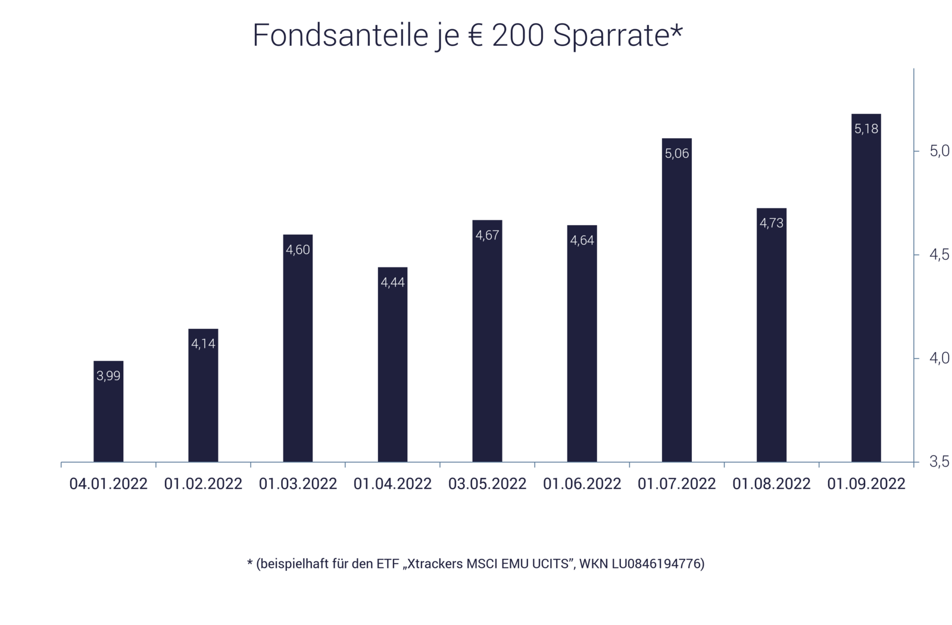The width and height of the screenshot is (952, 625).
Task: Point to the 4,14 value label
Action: click(203, 344)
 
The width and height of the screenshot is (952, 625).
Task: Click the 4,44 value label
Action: click(392, 282)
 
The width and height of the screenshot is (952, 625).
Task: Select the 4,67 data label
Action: click(487, 235)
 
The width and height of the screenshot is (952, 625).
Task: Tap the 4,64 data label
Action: click(582, 241)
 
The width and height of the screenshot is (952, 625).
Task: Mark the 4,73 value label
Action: click(772, 223)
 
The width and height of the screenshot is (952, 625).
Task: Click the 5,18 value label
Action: click(866, 129)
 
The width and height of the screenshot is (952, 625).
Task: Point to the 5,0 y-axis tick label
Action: click(939, 151)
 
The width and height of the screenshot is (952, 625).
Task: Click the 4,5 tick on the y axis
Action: click(939, 255)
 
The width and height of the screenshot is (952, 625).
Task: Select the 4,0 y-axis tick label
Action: click(939, 359)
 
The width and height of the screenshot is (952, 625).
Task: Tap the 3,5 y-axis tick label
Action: click(939, 462)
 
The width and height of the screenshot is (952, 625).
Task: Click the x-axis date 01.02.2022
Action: click(203, 483)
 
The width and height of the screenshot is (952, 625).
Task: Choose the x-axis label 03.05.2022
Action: click(487, 483)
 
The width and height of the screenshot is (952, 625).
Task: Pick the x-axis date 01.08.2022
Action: click(772, 483)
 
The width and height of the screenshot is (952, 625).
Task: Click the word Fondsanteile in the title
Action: click(340, 36)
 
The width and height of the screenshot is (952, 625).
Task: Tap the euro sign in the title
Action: click(475, 36)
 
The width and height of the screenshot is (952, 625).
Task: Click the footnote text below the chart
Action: click(476, 564)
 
